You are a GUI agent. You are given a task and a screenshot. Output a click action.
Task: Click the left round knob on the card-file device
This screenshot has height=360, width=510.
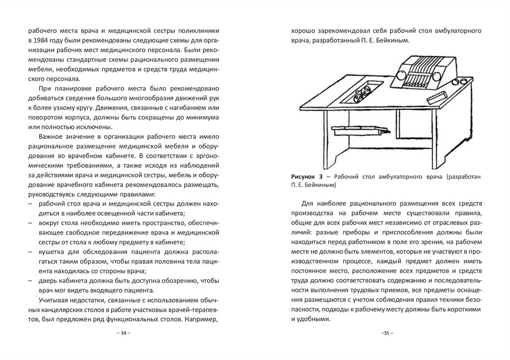coord(402,76)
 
